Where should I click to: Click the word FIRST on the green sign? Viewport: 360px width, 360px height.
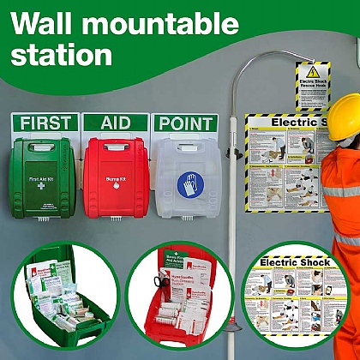point(45,123)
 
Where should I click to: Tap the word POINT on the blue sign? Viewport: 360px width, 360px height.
point(185,123)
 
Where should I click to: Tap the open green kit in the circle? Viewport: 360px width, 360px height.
point(69,297)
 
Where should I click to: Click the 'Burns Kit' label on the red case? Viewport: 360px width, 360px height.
point(116,181)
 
